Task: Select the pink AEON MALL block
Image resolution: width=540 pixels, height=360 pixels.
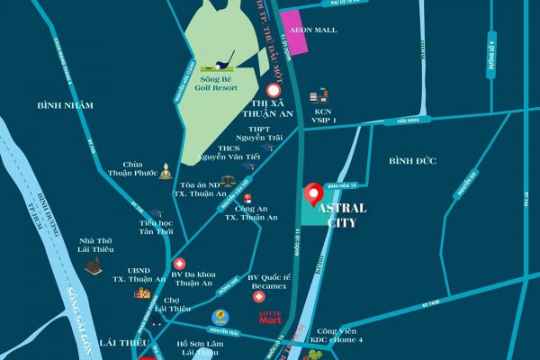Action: (298, 26)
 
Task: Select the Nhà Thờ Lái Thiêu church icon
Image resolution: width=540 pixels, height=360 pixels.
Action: (92, 265)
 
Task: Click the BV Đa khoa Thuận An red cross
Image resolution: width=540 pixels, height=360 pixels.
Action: (179, 264)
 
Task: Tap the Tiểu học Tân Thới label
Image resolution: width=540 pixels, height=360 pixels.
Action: (155, 227)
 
